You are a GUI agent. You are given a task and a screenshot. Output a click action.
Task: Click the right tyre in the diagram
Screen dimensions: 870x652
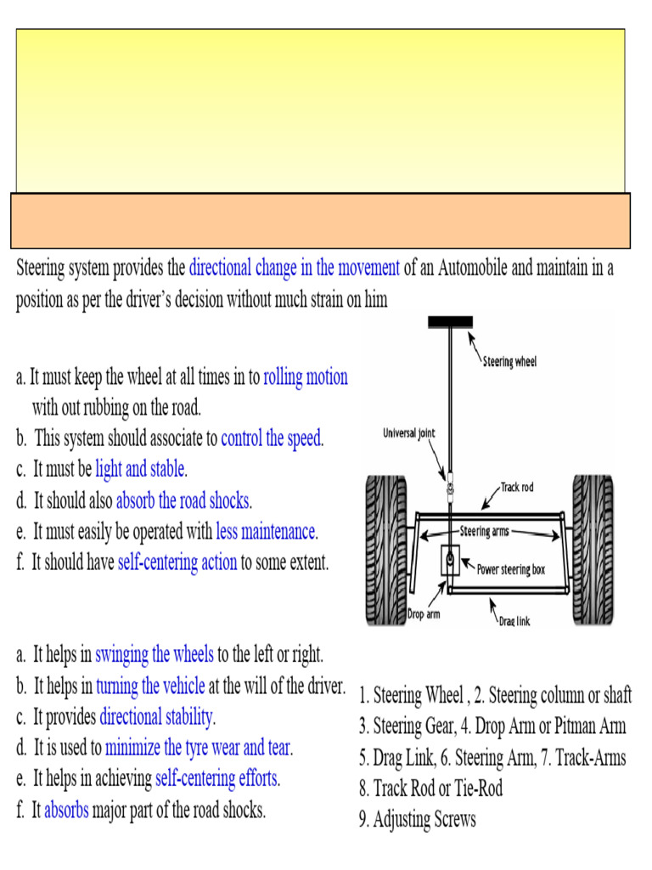click(593, 549)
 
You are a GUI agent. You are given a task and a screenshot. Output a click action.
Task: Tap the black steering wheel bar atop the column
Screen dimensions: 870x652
click(450, 322)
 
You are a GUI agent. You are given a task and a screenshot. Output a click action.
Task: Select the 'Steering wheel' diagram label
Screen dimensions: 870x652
click(509, 362)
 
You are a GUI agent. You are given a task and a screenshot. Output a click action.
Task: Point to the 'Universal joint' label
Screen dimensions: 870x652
click(408, 432)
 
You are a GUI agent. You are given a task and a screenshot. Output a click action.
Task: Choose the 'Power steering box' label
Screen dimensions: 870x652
click(511, 570)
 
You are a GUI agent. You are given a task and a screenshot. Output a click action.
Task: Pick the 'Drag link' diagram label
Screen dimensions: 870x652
click(514, 621)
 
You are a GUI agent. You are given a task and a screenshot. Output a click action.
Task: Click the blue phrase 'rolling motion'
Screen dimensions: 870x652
click(306, 377)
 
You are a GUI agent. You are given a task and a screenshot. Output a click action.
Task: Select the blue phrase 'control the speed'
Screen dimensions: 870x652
click(272, 439)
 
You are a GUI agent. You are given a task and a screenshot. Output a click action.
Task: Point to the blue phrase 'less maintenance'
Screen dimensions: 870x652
click(266, 533)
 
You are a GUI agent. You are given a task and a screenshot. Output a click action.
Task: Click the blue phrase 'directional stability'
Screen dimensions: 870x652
click(156, 717)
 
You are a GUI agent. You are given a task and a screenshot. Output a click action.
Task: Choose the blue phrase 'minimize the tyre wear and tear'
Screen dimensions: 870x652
click(199, 749)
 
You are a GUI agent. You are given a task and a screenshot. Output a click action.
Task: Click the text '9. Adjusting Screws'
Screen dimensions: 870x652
click(418, 820)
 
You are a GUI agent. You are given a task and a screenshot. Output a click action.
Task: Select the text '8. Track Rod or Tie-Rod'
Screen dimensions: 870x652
click(431, 788)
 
